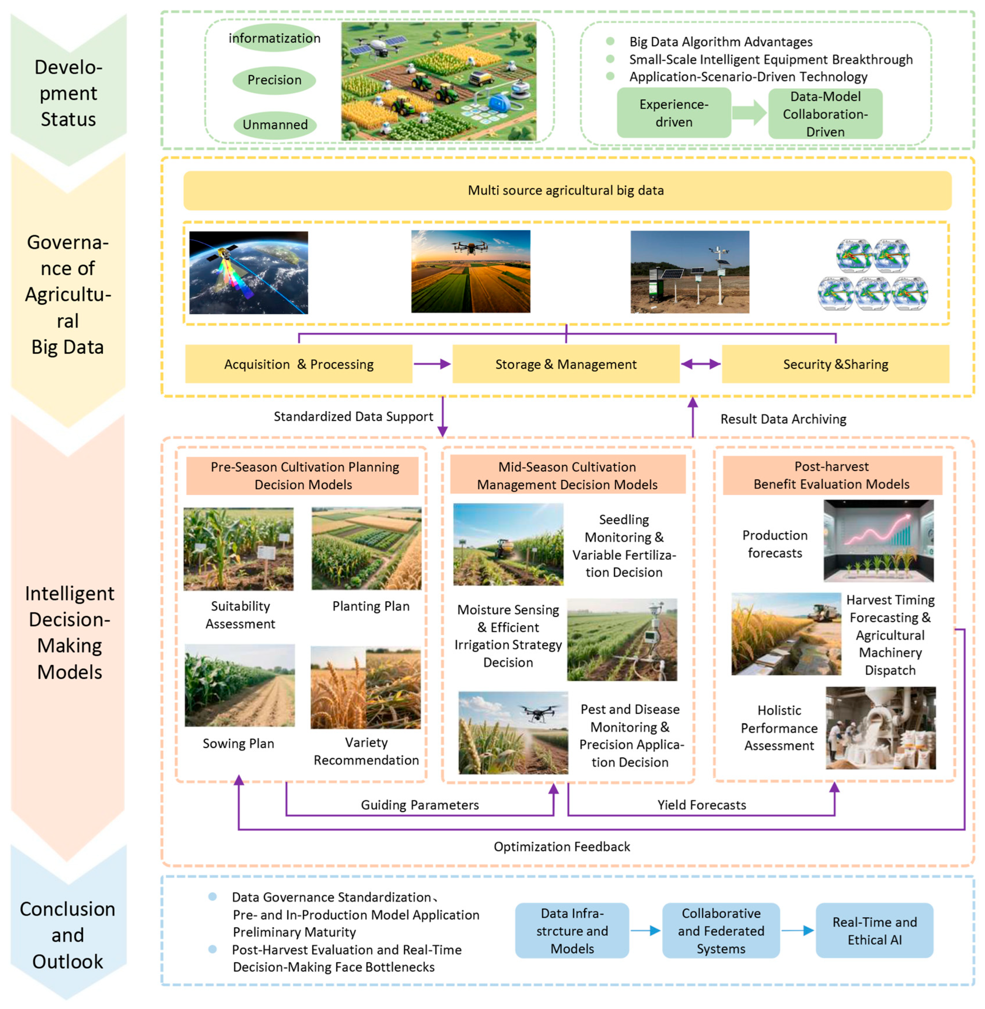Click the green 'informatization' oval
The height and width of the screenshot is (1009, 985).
pyautogui.click(x=274, y=38)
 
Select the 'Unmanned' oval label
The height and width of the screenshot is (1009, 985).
pyautogui.click(x=275, y=125)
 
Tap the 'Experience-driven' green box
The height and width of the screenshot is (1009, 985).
pyautogui.click(x=674, y=113)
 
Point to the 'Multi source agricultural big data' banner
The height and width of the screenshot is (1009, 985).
pyautogui.click(x=567, y=190)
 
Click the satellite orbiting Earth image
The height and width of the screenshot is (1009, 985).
pyautogui.click(x=248, y=272)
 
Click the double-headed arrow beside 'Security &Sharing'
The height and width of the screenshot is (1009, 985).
pyautogui.click(x=701, y=364)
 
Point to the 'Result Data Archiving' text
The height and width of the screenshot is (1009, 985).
pyautogui.click(x=783, y=419)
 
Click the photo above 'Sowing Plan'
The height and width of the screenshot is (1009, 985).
pyautogui.click(x=239, y=685)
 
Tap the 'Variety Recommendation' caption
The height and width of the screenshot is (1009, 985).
pyautogui.click(x=366, y=751)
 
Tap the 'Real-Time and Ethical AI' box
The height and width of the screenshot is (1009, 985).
pyautogui.click(x=874, y=931)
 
